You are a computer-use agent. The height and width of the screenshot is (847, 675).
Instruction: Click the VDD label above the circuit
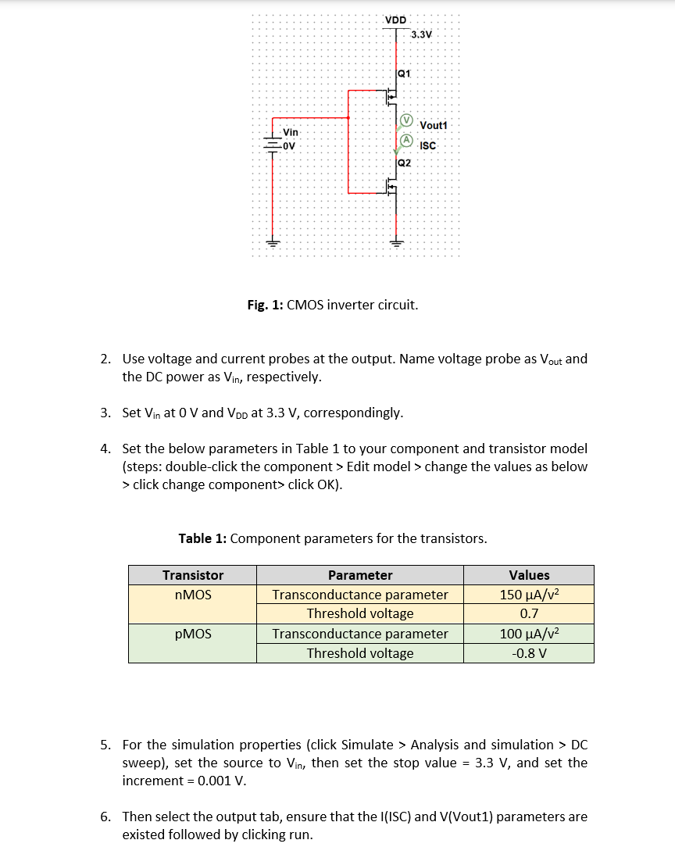[x=395, y=19]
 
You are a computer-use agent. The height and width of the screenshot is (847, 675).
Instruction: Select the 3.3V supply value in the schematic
[x=421, y=35]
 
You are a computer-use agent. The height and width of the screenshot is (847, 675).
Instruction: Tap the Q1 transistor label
[x=403, y=73]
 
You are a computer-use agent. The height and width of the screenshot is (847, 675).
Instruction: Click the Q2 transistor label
[x=403, y=163]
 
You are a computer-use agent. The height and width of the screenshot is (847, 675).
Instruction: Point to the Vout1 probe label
[x=434, y=126]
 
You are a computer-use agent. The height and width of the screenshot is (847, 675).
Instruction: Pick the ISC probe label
[x=427, y=146]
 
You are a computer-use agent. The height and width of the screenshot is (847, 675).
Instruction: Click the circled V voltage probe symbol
[x=406, y=121]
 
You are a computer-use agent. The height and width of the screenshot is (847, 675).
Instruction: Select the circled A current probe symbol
[x=406, y=141]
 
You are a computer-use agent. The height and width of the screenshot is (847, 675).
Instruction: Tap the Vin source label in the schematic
[x=291, y=133]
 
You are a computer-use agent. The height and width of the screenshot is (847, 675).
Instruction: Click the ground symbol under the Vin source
[x=273, y=241]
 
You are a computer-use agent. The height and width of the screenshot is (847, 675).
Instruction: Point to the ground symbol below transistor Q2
[x=395, y=241]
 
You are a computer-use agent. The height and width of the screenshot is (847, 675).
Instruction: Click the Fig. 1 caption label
[x=265, y=305]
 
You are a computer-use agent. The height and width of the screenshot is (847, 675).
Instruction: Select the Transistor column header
[x=193, y=575]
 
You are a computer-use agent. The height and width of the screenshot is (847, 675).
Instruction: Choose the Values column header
[x=529, y=575]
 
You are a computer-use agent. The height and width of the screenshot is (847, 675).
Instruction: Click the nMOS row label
[x=193, y=595]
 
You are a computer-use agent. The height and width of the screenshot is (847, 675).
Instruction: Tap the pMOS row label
[x=193, y=634]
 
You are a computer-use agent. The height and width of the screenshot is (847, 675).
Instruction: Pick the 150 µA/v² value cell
[x=529, y=595]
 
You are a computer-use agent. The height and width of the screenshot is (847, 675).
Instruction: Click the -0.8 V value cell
[x=529, y=653]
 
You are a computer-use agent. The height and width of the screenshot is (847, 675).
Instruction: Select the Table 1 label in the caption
[x=202, y=538]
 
